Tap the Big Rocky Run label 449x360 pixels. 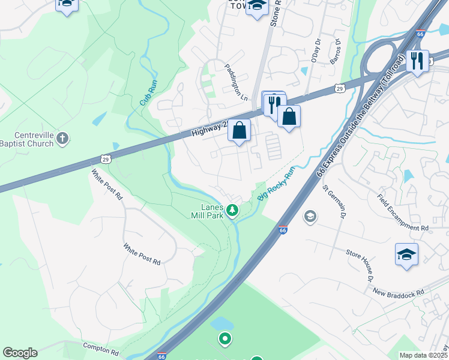pyautogui.click(x=277, y=185)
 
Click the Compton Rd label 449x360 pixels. pyautogui.click(x=96, y=349)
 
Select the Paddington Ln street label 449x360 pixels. pyautogui.click(x=236, y=82)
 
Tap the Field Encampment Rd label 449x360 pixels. pyautogui.click(x=403, y=212)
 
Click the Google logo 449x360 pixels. pyautogui.click(x=20, y=353)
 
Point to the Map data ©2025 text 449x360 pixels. pyautogui.click(x=423, y=355)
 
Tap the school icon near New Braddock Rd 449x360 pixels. pyautogui.click(x=406, y=253)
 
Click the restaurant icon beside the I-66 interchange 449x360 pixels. pyautogui.click(x=417, y=60)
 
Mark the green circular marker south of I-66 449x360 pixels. pyautogui.click(x=225, y=339)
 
